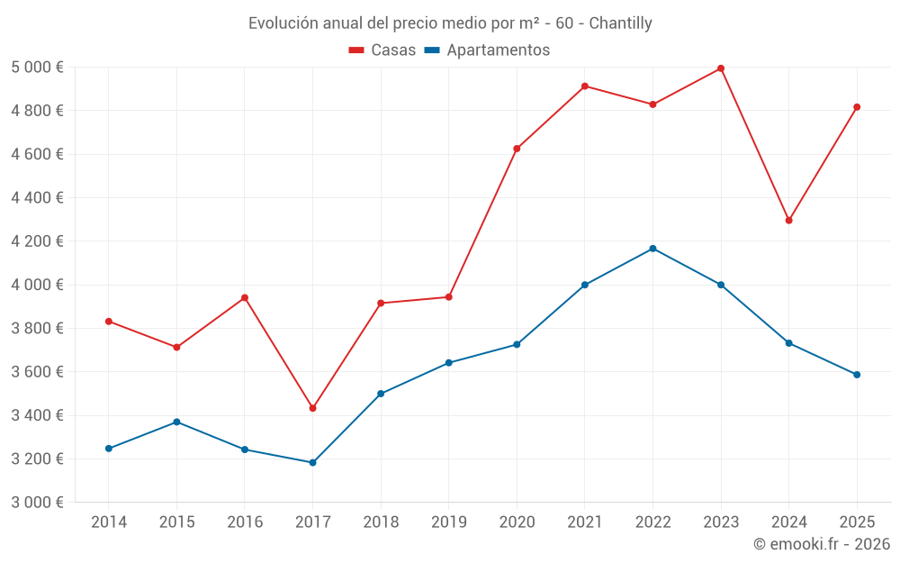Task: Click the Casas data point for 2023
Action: click(x=721, y=68)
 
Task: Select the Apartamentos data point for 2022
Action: click(x=652, y=249)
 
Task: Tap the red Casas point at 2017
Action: click(x=312, y=408)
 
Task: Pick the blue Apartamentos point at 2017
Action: click(x=312, y=463)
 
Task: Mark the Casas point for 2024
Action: click(x=789, y=221)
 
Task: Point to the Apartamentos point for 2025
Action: click(x=857, y=375)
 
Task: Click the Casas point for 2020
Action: click(x=517, y=149)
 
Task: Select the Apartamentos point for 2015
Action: click(x=176, y=422)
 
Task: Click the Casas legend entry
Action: click(x=382, y=50)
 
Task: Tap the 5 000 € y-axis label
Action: click(x=37, y=68)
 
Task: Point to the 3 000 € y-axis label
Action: click(x=37, y=503)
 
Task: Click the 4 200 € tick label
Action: click(x=37, y=241)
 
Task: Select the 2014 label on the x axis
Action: click(x=109, y=522)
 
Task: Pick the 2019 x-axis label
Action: click(x=448, y=522)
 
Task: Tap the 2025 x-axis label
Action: click(x=857, y=522)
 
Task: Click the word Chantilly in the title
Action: click(x=620, y=23)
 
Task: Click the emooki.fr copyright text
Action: click(x=821, y=544)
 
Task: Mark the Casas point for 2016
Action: click(x=245, y=297)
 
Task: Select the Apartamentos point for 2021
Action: click(x=585, y=285)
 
